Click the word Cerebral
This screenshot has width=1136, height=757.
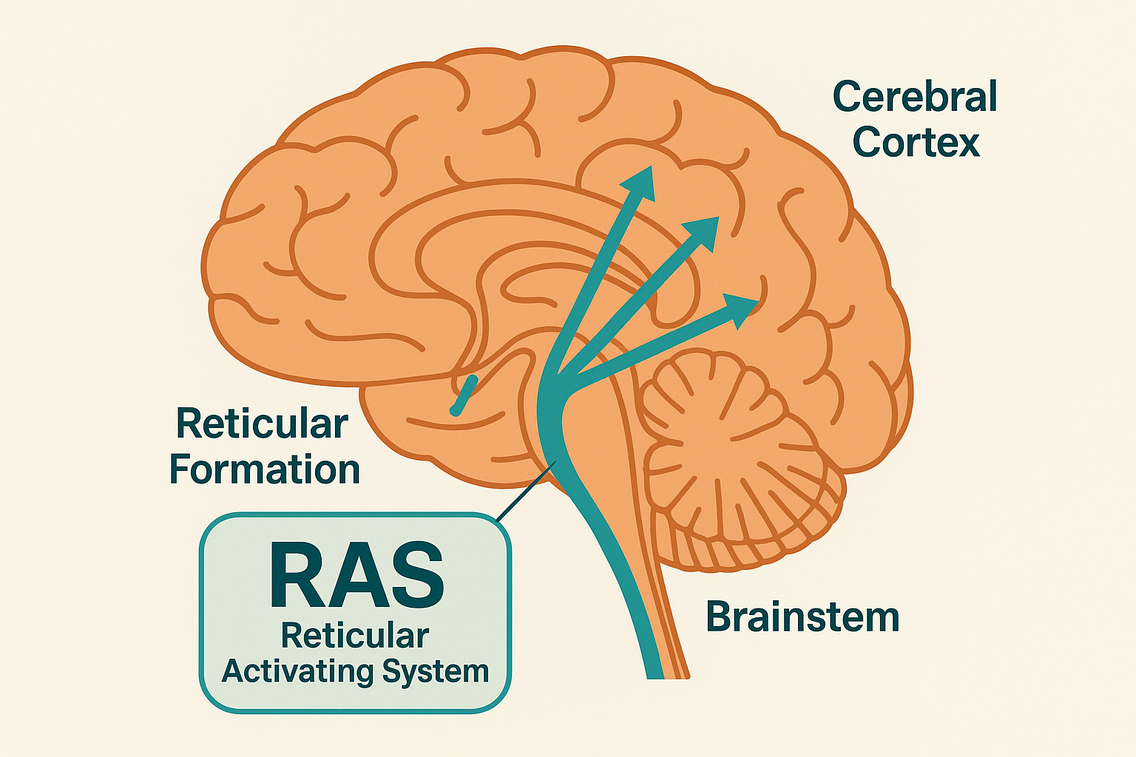click(915, 98)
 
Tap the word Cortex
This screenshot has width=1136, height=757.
click(916, 142)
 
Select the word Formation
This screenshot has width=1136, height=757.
click(265, 470)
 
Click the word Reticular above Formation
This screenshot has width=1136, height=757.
click(262, 424)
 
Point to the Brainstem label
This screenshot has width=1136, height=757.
click(802, 617)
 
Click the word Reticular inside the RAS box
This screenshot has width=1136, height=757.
click(355, 636)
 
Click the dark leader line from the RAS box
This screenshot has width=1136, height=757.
click(525, 492)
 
